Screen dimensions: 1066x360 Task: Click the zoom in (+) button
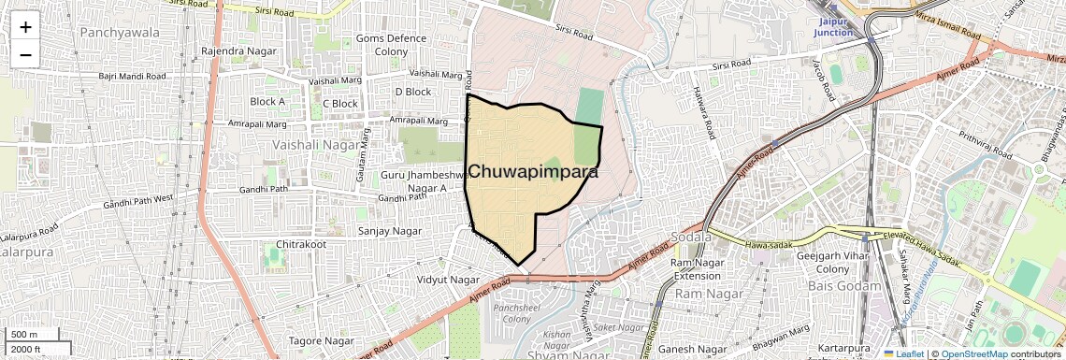pos(25,27)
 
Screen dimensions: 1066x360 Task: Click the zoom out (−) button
pos(25,55)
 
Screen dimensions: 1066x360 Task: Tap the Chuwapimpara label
pos(533,172)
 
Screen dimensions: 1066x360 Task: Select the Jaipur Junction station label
pos(833,26)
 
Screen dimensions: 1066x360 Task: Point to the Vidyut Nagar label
pos(448,279)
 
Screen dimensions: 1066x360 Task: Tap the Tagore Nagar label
pos(319,340)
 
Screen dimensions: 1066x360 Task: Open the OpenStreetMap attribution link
pos(973,354)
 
